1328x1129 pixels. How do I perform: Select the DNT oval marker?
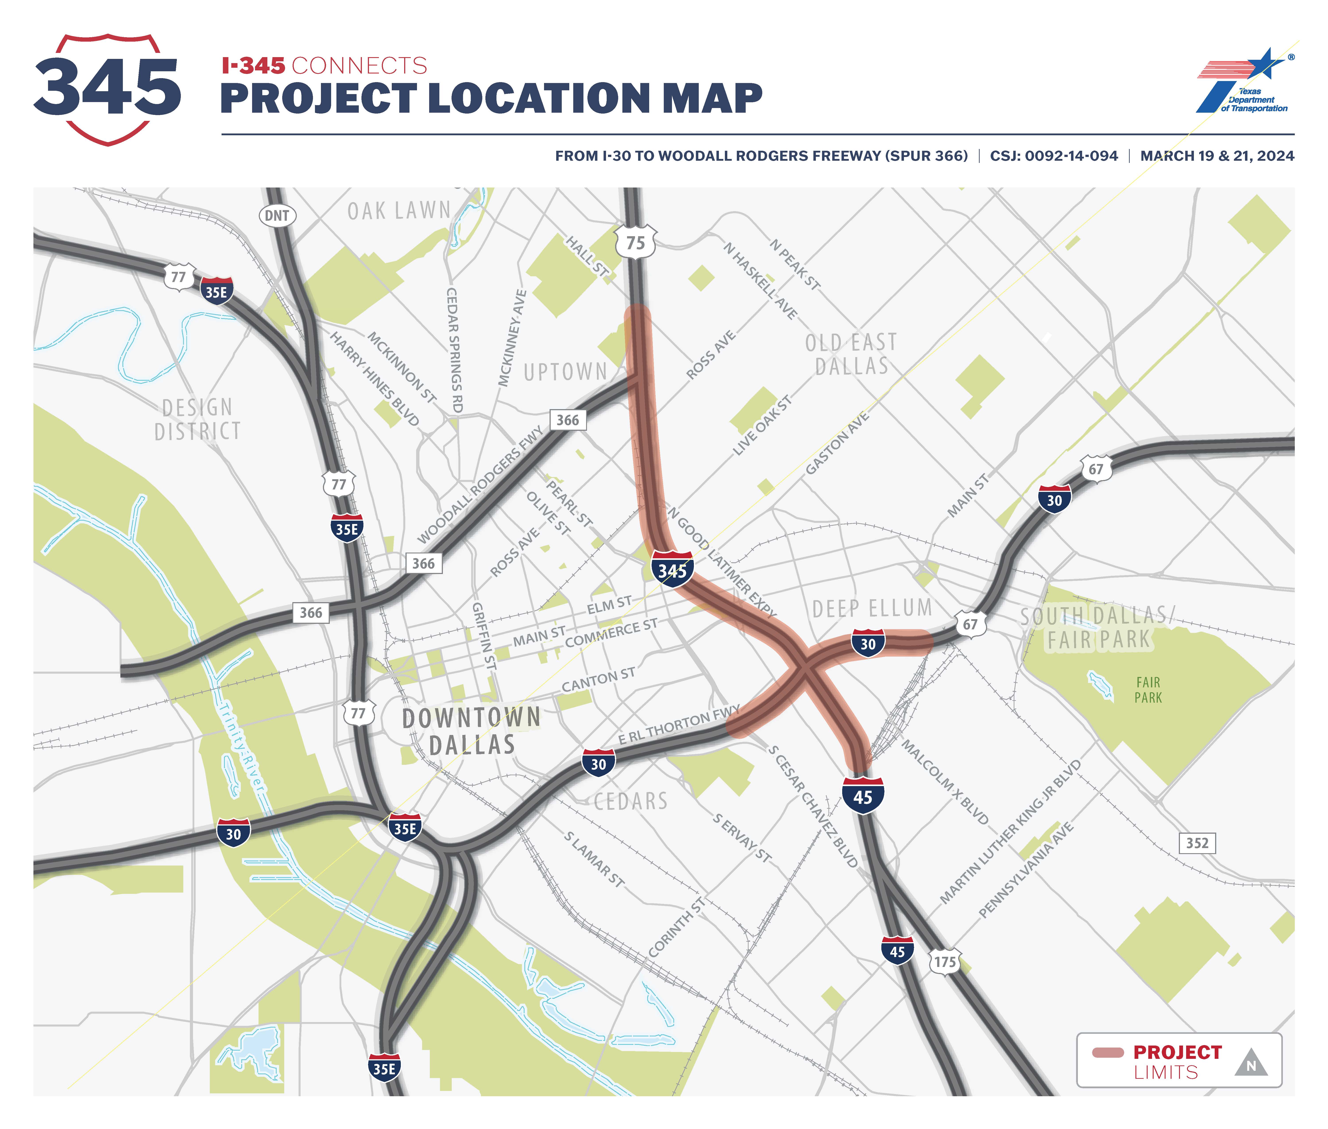[277, 216]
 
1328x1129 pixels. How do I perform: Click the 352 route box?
[1197, 843]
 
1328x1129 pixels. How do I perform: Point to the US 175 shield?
[945, 961]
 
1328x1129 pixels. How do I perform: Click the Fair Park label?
[1148, 690]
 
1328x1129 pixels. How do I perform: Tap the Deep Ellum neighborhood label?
[872, 608]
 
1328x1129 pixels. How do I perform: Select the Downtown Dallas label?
[472, 731]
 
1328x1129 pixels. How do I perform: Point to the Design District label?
[198, 419]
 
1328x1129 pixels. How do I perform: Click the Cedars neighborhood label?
[630, 801]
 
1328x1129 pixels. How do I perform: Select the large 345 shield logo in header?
[108, 88]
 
